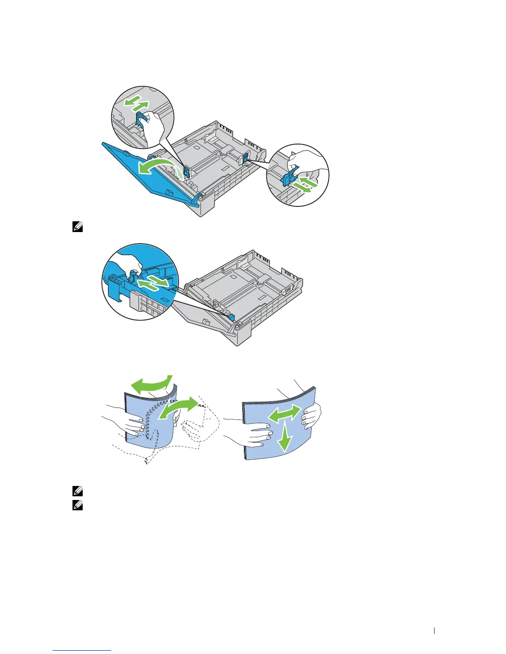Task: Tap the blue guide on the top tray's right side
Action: click(x=245, y=157)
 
